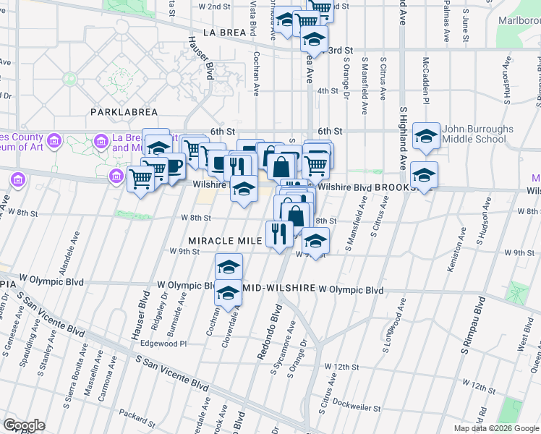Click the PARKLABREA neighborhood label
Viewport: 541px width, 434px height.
[x=118, y=112]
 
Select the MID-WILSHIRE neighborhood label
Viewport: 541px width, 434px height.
[x=280, y=288]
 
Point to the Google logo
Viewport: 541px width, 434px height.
[x=24, y=425]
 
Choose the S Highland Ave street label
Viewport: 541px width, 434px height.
[x=403, y=145]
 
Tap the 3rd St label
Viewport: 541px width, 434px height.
[x=335, y=51]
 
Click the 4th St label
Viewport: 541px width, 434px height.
[x=328, y=90]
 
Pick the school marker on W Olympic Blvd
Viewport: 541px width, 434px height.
[x=229, y=292]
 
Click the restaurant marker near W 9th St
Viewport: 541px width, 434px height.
[x=278, y=233]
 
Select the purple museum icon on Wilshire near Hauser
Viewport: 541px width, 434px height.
[x=116, y=176]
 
